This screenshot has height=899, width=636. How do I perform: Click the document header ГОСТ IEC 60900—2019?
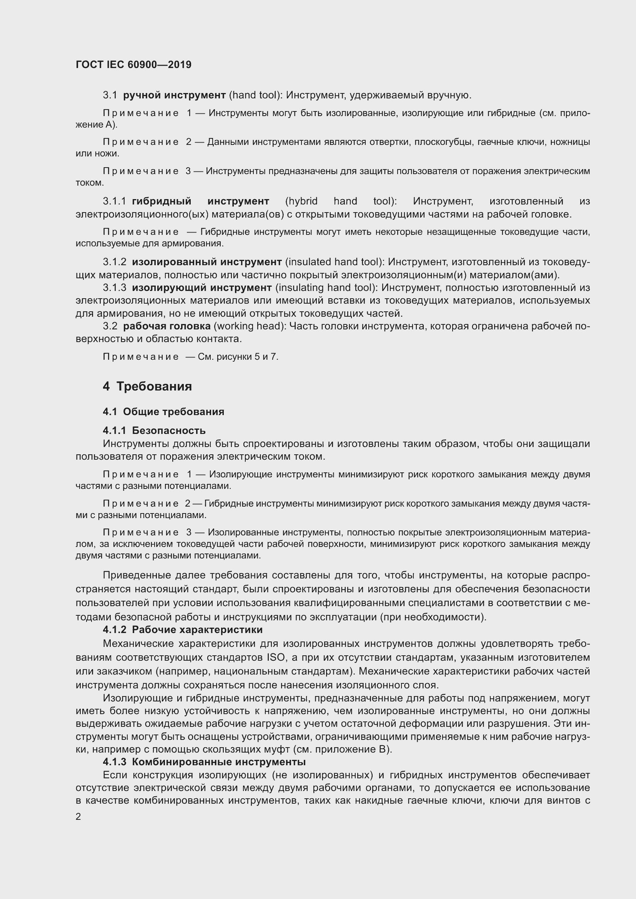tap(133, 65)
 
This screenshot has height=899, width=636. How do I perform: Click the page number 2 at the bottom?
tap(78, 817)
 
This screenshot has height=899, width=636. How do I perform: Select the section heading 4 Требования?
tap(147, 386)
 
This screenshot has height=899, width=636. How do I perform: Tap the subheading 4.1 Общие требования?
tap(163, 412)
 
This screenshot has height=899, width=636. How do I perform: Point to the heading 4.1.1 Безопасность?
tap(154, 430)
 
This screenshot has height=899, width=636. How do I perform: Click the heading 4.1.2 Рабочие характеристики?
tap(183, 630)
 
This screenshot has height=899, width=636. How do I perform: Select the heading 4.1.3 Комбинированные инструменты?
tap(204, 762)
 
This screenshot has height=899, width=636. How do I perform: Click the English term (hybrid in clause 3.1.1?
tap(301, 201)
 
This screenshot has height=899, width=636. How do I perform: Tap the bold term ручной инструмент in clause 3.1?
tap(174, 95)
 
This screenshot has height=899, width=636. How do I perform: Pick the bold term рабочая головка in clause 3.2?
tap(167, 326)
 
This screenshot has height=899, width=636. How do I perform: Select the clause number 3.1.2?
tap(115, 262)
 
